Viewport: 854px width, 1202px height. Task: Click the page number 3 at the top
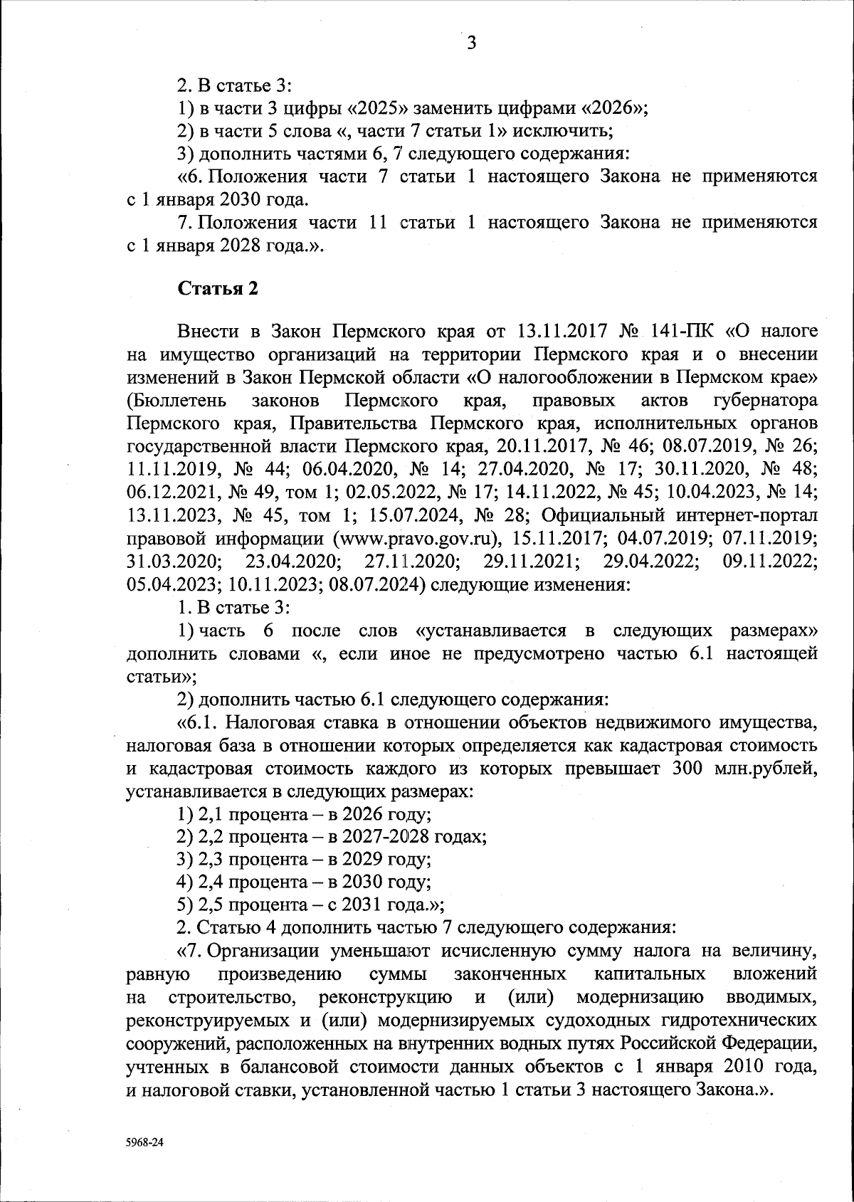click(x=471, y=44)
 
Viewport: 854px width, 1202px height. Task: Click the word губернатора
click(x=764, y=401)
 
